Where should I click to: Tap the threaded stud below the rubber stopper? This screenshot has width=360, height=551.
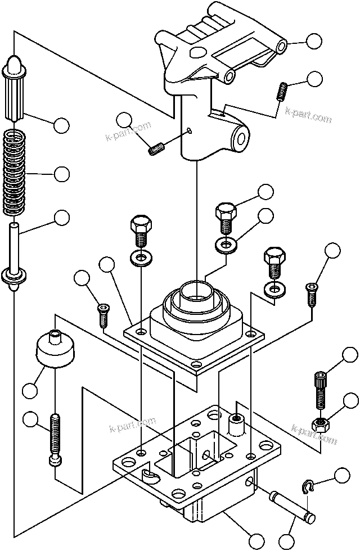pyautogui.click(x=55, y=439)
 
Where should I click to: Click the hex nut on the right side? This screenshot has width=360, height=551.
pyautogui.click(x=321, y=424)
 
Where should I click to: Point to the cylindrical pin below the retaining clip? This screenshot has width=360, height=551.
pyautogui.click(x=293, y=505)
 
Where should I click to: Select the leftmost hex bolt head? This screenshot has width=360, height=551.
pyautogui.click(x=140, y=227)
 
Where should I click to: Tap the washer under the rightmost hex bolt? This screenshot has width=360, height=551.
pyautogui.click(x=275, y=290)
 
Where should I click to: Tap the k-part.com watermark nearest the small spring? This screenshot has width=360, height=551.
pyautogui.click(x=308, y=116)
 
